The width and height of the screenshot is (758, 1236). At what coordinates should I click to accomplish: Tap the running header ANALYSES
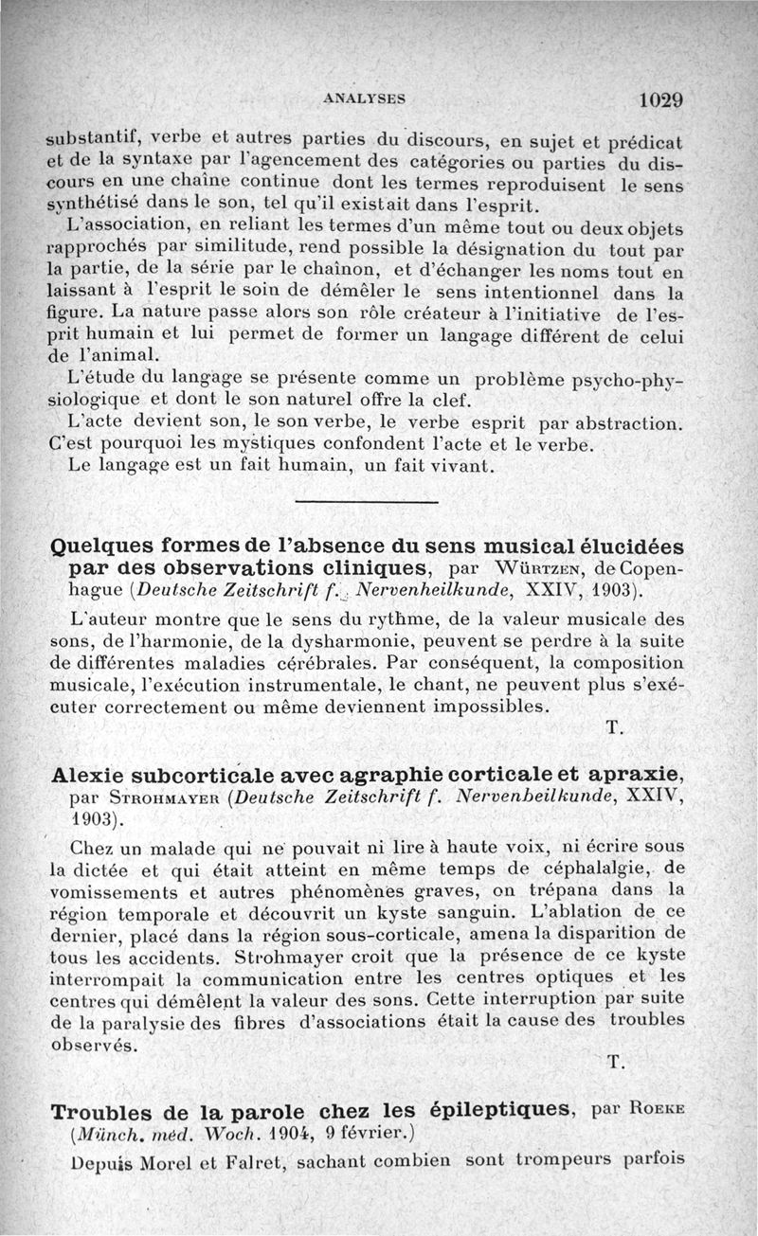point(364,97)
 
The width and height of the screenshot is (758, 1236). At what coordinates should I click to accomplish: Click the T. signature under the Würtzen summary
point(612,727)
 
